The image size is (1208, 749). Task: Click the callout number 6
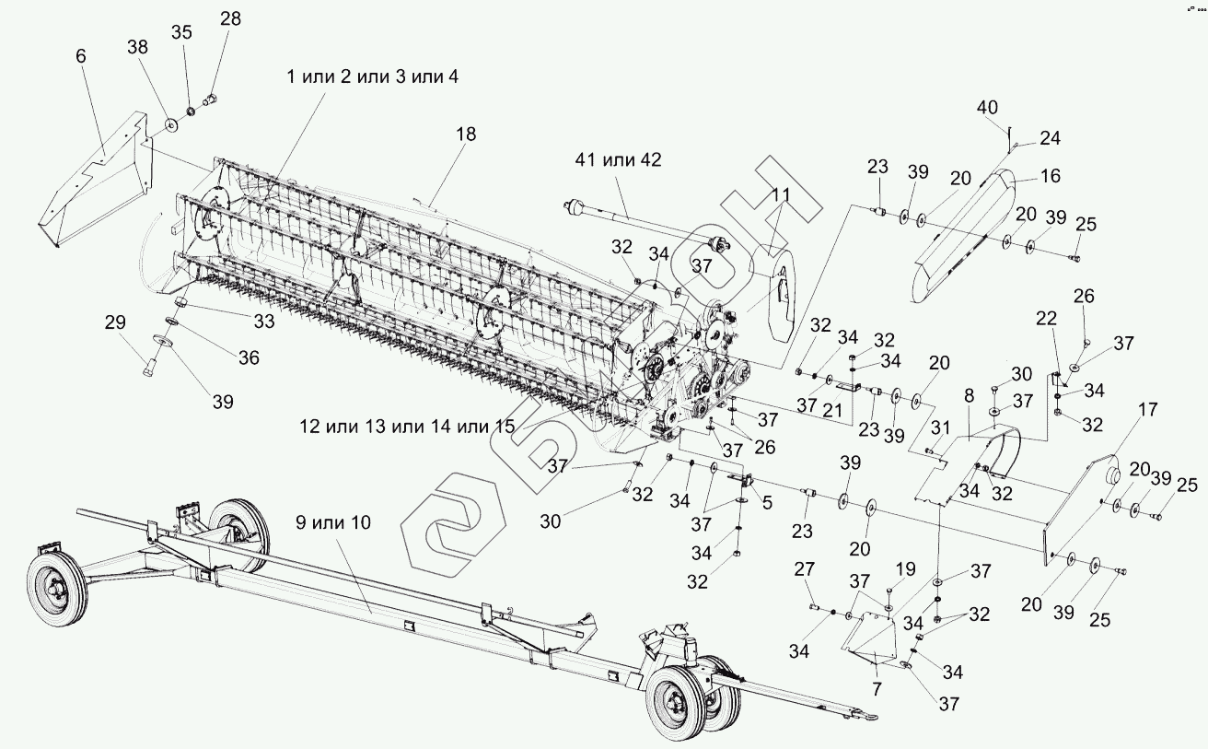(x=81, y=56)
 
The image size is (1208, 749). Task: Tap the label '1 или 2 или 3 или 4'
(x=372, y=77)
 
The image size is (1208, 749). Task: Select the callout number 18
(x=466, y=134)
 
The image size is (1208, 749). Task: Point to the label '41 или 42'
(x=618, y=159)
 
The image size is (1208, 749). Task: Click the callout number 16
(x=1051, y=176)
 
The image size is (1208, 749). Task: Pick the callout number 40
(x=987, y=109)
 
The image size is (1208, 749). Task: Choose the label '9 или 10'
(x=333, y=522)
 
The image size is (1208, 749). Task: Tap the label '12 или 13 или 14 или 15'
(x=406, y=427)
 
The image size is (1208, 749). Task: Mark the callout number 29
(x=114, y=322)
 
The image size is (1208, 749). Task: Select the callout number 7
(x=876, y=687)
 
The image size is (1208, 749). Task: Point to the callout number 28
(x=230, y=18)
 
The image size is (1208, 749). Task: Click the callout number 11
(x=782, y=194)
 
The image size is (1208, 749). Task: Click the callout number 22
(x=1046, y=318)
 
